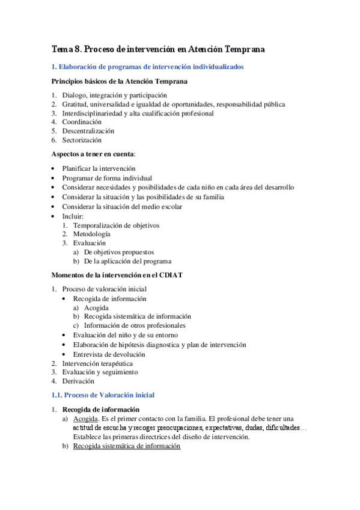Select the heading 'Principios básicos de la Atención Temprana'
tap(119, 81)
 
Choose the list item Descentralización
tap(88, 131)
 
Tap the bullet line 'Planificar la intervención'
tap(99, 168)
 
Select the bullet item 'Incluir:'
tap(73, 216)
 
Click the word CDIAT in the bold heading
tap(170, 275)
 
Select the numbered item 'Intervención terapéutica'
tap(97, 363)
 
